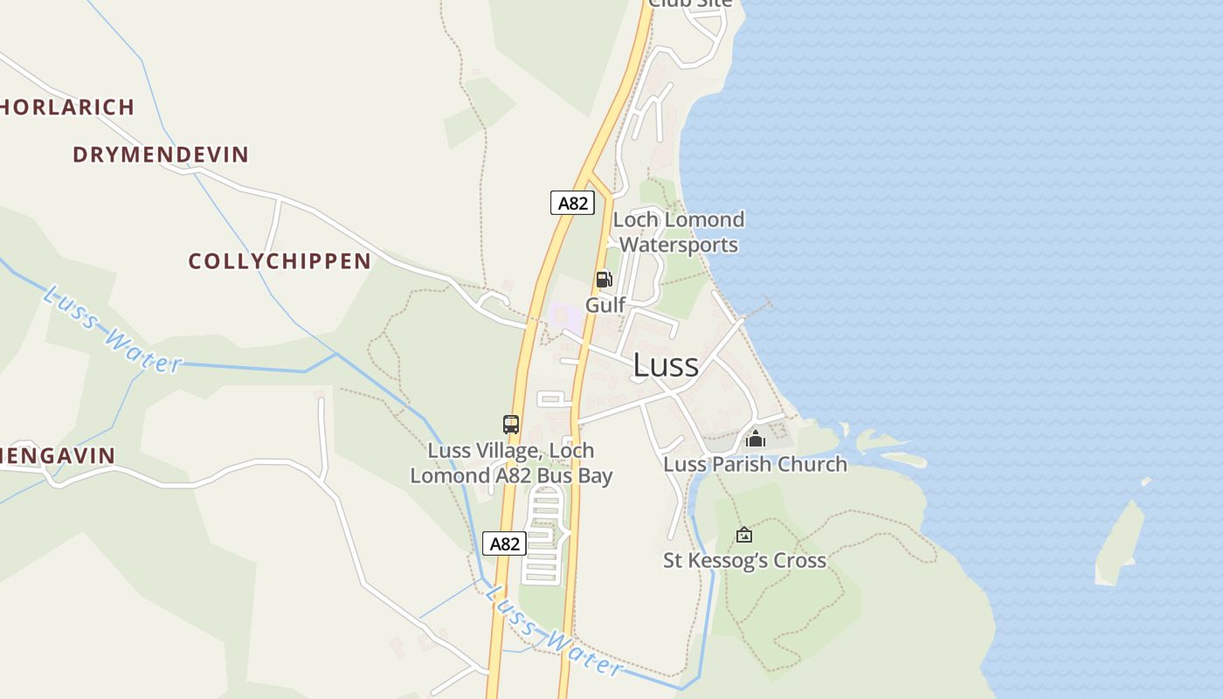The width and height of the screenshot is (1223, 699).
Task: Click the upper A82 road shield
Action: click(572, 203)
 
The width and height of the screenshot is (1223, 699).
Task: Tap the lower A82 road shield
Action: click(504, 543)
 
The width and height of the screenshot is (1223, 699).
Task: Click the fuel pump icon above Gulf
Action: click(604, 280)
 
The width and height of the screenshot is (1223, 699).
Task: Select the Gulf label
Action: click(605, 305)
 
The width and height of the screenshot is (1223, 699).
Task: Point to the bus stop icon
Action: click(511, 425)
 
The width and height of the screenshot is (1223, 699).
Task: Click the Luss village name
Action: click(666, 365)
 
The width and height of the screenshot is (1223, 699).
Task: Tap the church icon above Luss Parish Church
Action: click(756, 438)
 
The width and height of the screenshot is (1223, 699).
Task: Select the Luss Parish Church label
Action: click(755, 464)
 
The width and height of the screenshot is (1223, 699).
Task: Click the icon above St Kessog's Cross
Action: click(744, 534)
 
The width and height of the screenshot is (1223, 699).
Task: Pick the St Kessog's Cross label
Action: click(744, 560)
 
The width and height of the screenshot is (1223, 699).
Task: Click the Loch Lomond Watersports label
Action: click(679, 232)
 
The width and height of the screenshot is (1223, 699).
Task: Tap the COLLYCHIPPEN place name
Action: click(280, 261)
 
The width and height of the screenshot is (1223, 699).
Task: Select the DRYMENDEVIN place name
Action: click(161, 155)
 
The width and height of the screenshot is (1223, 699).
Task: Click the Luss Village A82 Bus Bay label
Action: click(511, 463)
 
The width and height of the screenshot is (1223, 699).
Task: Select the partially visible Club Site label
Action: click(690, 4)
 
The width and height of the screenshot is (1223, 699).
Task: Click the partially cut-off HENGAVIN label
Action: click(58, 455)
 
